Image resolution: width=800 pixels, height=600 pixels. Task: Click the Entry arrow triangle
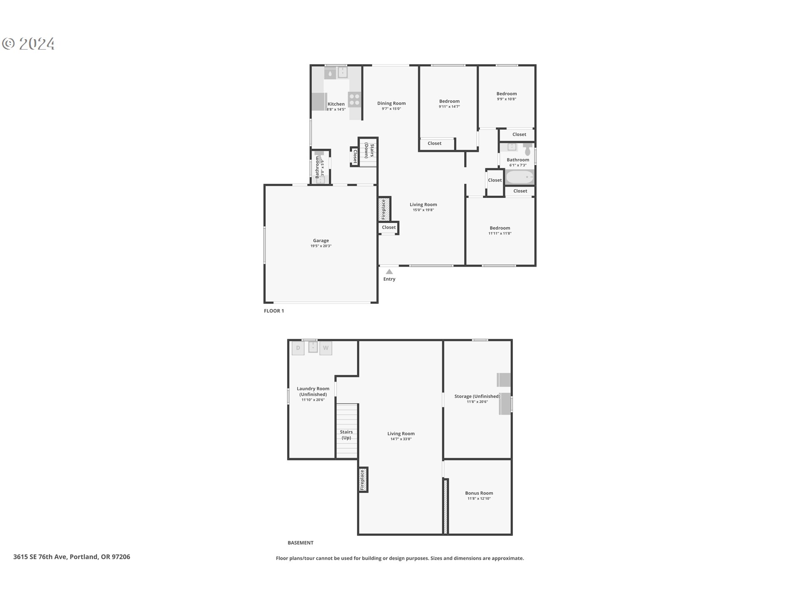pos(389,272)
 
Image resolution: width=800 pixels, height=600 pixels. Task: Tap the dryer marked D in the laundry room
pos(298,348)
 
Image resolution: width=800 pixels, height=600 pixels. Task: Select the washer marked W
pos(325,348)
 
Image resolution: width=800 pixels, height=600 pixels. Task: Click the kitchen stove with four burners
pos(355,99)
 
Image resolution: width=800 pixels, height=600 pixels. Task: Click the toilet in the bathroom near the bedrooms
pos(527,149)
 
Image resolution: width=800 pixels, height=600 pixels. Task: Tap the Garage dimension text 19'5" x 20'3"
pos(321,246)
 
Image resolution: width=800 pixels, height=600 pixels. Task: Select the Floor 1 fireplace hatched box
pos(384,209)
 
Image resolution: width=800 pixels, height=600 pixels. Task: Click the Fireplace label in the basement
pos(362,480)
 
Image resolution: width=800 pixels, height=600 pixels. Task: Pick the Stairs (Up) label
pos(346,435)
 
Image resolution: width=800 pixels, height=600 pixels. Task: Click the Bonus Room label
pos(479,493)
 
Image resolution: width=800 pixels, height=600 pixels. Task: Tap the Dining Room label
pos(391,103)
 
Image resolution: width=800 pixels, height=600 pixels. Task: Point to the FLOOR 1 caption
pos(274,311)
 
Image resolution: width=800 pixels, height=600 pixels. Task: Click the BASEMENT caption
pos(300,542)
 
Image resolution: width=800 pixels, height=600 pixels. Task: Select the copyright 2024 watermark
pos(29,44)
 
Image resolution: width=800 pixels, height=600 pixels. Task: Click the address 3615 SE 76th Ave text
pos(71,557)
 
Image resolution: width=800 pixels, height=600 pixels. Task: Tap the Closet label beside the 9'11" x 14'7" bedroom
pos(434,143)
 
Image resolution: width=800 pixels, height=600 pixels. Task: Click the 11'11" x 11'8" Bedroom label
pos(500,228)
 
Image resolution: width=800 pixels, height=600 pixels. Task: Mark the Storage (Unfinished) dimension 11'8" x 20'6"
pos(477,402)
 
